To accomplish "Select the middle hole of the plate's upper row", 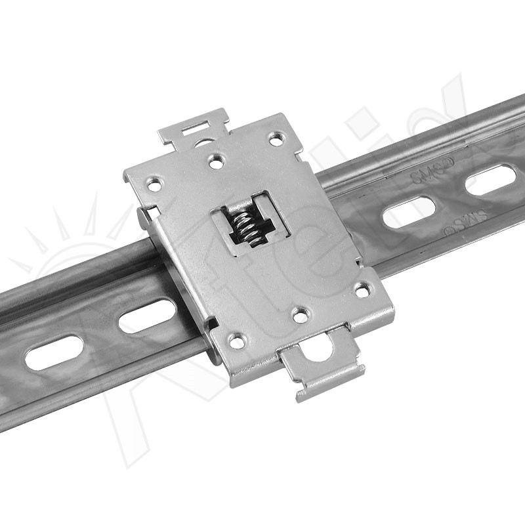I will tap(215, 159).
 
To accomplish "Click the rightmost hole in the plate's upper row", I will tap(276, 138).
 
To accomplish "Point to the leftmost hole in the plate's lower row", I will tap(237, 341).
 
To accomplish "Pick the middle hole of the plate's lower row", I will tap(300, 315).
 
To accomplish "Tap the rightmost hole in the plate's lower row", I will tap(362, 289).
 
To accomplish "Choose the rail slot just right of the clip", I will tap(409, 213).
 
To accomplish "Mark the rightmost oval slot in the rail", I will tap(491, 180).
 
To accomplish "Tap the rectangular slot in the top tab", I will tap(198, 125).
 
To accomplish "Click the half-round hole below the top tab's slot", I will tap(205, 140).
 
